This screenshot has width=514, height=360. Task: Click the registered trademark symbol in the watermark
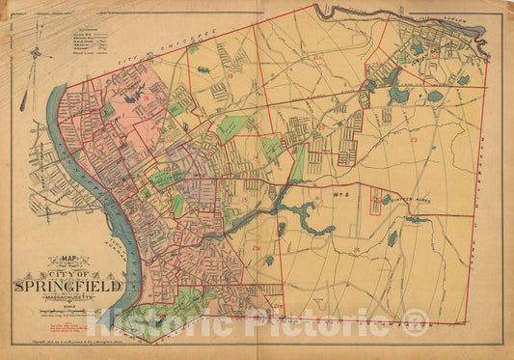pos(417,320)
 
